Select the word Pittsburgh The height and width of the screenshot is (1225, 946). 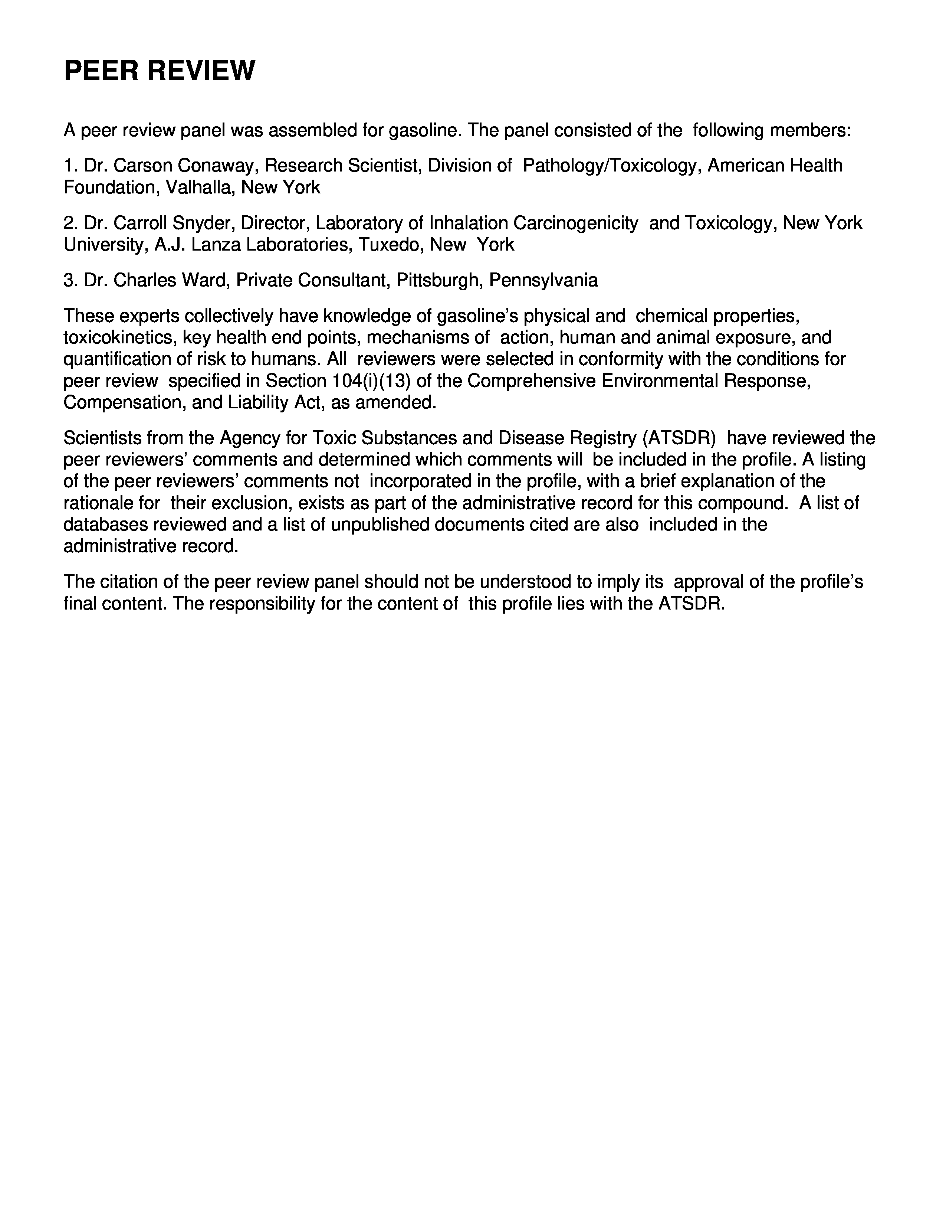click(x=440, y=280)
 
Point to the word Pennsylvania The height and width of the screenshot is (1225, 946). click(x=543, y=280)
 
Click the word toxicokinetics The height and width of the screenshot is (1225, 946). click(x=121, y=338)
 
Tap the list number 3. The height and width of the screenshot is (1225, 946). click(x=69, y=280)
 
